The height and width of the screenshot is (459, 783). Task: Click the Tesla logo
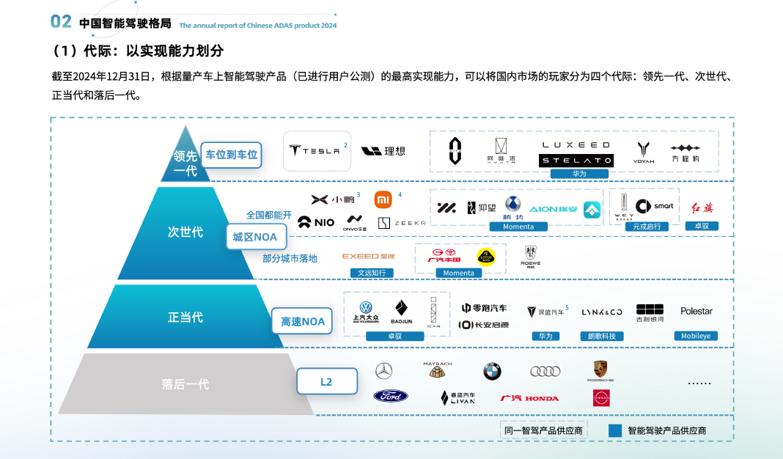coord(315,150)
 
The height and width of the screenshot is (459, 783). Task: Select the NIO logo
coord(316,222)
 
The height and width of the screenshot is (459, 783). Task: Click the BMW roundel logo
coord(492,372)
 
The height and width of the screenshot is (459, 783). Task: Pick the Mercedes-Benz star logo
coord(383,371)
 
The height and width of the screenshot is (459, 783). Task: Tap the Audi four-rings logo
coord(545,371)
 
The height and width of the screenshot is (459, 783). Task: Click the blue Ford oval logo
coord(391,396)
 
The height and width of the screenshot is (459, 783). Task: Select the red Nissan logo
coord(601,397)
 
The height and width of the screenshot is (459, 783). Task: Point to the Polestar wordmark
coord(696,311)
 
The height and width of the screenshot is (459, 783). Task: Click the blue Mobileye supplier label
coord(696,336)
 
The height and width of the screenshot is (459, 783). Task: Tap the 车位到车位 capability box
coord(232,155)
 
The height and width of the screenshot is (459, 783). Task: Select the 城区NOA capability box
coord(255,237)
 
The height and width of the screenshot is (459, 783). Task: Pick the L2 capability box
coord(326,382)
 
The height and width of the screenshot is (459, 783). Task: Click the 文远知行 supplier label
coord(371,273)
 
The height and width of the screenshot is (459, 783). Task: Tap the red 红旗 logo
coord(702,208)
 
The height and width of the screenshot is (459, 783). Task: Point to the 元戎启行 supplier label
coord(647,227)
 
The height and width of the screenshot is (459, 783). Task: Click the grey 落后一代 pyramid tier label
coord(185,383)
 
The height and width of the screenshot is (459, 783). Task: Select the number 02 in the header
coord(61,21)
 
